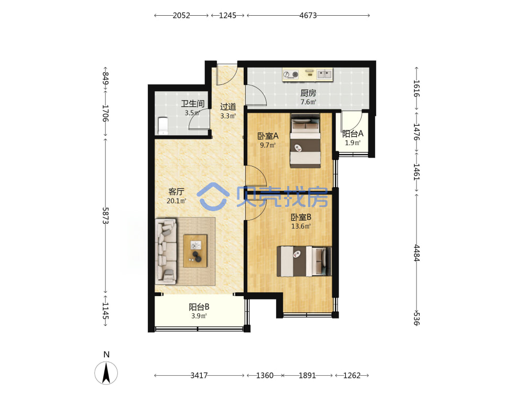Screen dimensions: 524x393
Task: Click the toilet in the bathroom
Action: pos(162,126)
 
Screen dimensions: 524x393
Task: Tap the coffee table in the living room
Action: pos(195,251)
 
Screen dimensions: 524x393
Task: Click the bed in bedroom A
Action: pos(305,140)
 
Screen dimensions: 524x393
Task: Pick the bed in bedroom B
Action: pos(304,261)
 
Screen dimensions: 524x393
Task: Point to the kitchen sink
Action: pos(324,74)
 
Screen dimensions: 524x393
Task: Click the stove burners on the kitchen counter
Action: pos(291,74)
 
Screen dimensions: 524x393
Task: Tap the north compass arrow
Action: pos(106,373)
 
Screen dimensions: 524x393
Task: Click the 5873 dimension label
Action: pos(106,216)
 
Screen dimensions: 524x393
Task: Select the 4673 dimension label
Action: pos(308,15)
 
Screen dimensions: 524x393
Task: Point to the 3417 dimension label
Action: pos(199,376)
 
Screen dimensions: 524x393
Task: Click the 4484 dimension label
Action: pos(417,253)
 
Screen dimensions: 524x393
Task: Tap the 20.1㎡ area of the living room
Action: pos(177,201)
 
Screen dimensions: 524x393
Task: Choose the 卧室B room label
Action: pos(301,217)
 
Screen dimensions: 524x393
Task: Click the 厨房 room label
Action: pos(308,93)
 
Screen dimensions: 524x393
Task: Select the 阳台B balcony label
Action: pos(199,307)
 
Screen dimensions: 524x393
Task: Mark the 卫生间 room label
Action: pos(192,104)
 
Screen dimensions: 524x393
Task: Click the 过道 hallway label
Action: pos(228,106)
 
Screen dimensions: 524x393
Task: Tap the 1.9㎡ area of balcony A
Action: pos(353,143)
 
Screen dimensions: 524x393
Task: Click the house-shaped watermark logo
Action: pos(213,196)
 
